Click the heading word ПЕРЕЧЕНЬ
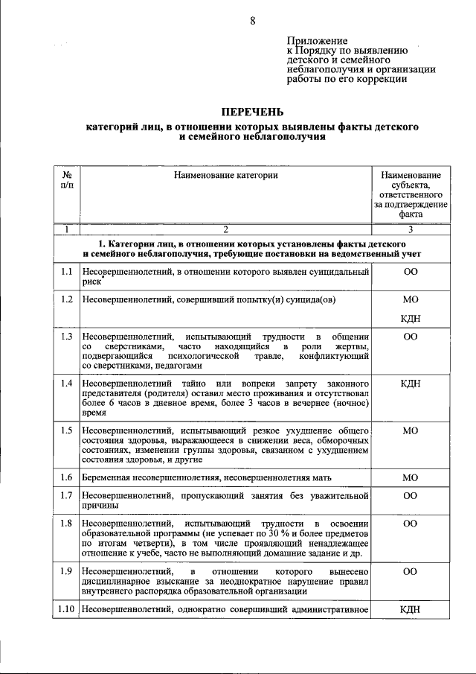[252, 112]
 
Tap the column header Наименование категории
[226, 175]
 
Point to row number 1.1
[67, 273]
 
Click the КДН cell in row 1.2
[410, 319]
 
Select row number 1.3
[67, 337]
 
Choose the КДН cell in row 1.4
[410, 384]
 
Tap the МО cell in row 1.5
[410, 430]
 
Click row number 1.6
[67, 477]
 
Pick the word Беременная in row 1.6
[109, 477]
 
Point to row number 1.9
[67, 570]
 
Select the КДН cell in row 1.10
[410, 610]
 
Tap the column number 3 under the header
[410, 229]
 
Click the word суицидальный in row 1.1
[329, 273]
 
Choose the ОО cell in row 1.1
[410, 273]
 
